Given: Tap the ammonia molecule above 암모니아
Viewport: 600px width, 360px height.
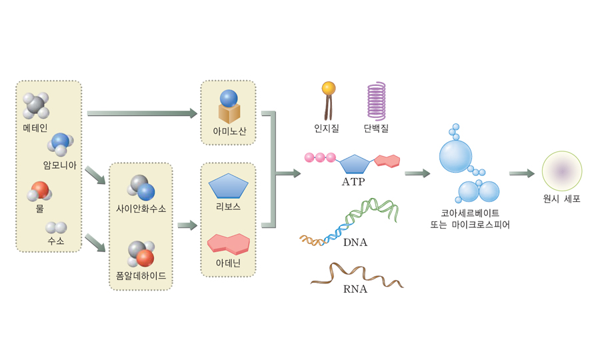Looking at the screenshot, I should [x=60, y=144].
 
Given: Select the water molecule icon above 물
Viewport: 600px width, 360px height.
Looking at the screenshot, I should [x=39, y=192].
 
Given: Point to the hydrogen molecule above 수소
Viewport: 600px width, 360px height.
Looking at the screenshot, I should [x=56, y=228].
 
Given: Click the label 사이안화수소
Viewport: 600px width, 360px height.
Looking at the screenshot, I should [x=141, y=209].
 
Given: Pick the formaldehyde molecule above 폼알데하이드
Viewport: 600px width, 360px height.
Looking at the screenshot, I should [x=141, y=254].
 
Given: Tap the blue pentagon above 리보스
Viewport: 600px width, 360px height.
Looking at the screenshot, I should [x=228, y=186].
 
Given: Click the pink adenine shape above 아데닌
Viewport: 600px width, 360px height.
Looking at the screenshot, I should [x=229, y=243].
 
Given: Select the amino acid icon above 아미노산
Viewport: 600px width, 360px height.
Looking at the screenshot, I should [x=229, y=107].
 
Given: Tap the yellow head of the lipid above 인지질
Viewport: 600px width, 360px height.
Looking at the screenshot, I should [x=328, y=88].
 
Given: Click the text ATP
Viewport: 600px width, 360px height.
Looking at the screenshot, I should [x=353, y=181].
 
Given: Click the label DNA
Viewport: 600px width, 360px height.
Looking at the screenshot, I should [x=355, y=243].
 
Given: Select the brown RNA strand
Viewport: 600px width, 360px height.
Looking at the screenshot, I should [x=357, y=275].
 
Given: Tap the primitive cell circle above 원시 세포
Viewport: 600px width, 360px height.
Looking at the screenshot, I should [x=562, y=171].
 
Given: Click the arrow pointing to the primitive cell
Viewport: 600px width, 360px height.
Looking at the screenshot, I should [x=521, y=173].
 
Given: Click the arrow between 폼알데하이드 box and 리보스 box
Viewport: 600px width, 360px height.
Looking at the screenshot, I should [x=187, y=225].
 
